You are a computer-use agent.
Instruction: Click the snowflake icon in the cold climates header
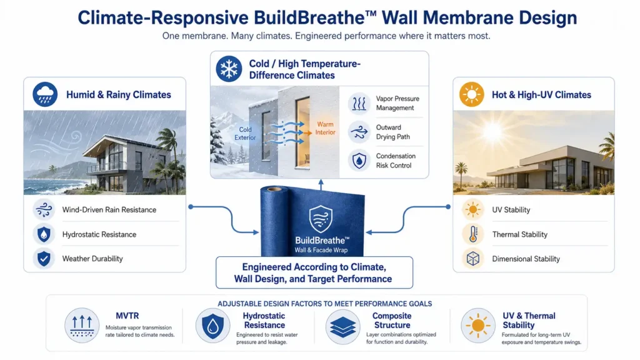[229, 69]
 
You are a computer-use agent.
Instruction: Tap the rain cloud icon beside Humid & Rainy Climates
[45, 94]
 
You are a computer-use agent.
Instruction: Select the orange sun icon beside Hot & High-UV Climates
[471, 94]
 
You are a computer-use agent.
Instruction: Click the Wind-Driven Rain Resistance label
[109, 210]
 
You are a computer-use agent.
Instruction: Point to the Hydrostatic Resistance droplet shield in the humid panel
[44, 234]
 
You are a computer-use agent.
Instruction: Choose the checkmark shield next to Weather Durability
[44, 258]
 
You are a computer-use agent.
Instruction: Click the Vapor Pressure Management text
[397, 103]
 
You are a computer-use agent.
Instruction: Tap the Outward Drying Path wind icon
[359, 132]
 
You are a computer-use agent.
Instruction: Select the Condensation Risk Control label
[396, 161]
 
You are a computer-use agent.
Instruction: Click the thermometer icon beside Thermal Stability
[473, 234]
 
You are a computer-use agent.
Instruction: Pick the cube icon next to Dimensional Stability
[473, 259]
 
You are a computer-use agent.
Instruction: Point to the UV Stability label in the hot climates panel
[511, 210]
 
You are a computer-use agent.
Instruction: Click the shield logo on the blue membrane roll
[321, 219]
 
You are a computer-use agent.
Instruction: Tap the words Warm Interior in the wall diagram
[325, 128]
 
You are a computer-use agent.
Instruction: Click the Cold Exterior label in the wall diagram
[245, 134]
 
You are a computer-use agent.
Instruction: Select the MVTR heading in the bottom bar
[127, 316]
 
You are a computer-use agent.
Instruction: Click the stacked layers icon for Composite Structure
[343, 326]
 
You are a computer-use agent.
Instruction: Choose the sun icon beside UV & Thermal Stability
[478, 326]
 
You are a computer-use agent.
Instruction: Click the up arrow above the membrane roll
[321, 184]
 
